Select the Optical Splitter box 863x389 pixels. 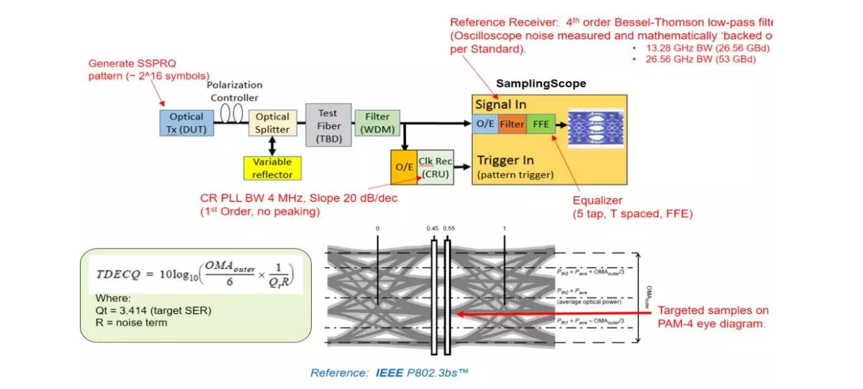click(273, 123)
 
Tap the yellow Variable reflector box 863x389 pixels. click(272, 168)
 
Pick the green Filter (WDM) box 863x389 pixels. click(377, 124)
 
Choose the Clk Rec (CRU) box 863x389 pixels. click(435, 167)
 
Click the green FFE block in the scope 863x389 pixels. click(541, 124)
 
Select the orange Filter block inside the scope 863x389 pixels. click(512, 124)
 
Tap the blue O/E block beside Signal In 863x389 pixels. click(485, 124)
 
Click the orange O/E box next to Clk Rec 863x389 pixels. click(403, 167)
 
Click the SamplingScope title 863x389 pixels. click(541, 84)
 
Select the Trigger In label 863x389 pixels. click(505, 160)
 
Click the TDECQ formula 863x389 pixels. click(194, 271)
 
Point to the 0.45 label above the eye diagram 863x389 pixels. click(432, 229)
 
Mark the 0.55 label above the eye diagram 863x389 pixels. click(450, 229)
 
